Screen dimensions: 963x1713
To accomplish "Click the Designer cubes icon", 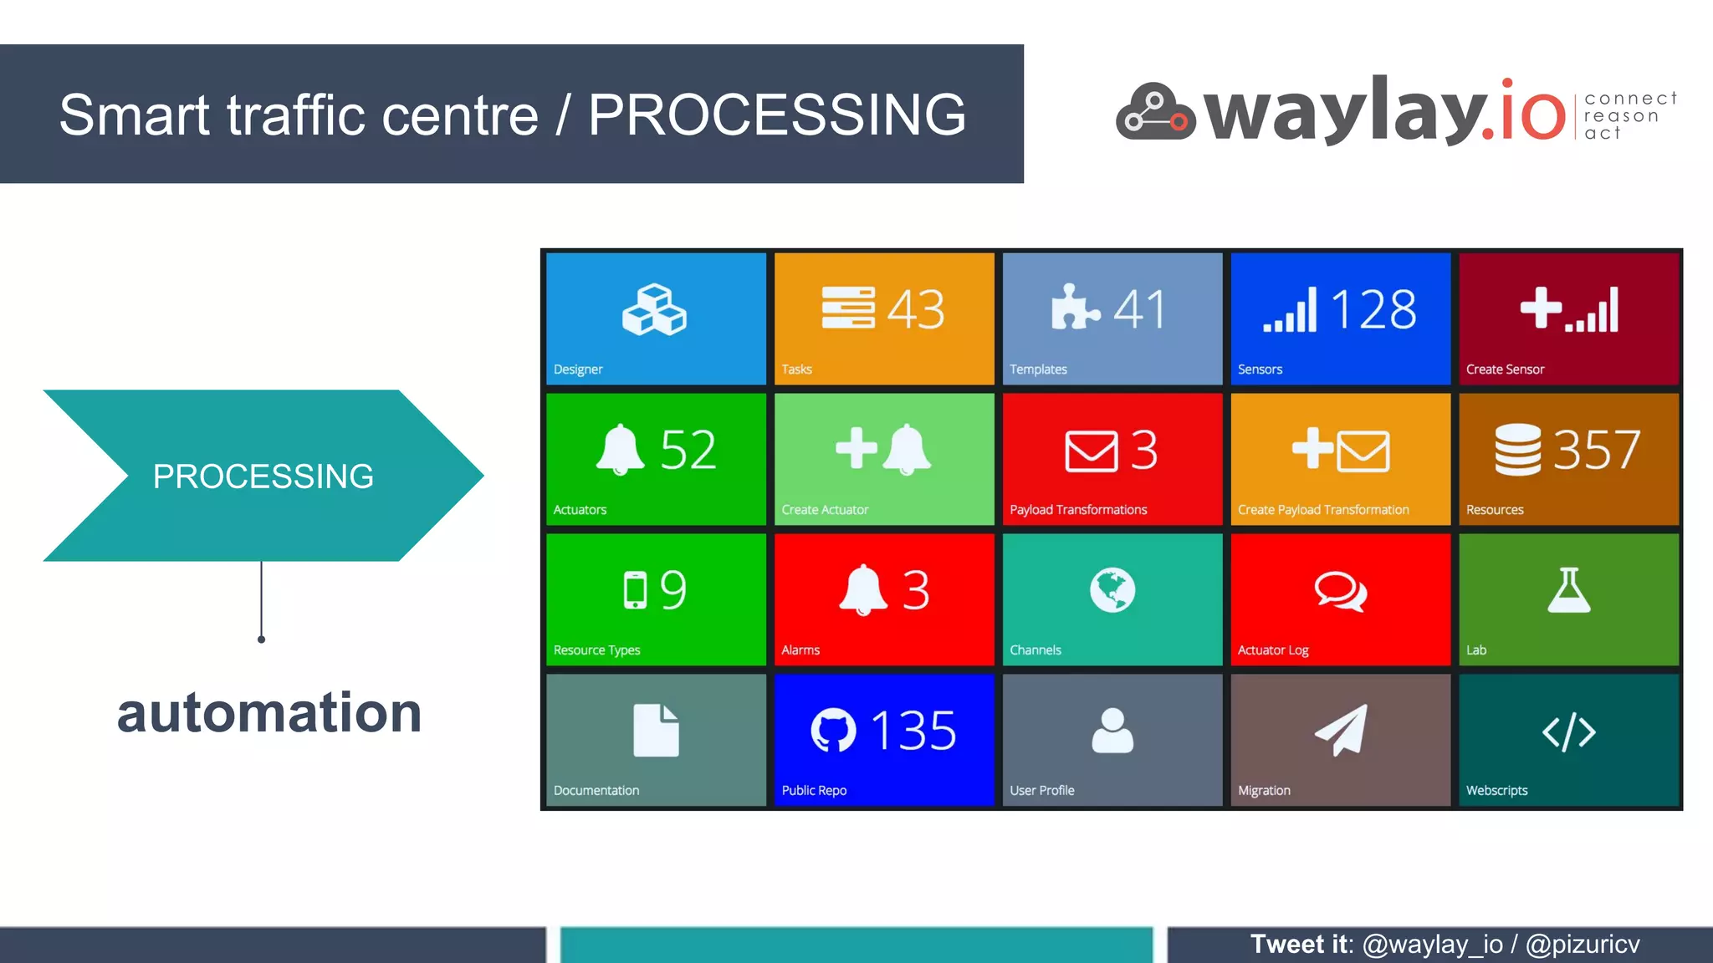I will [x=654, y=310].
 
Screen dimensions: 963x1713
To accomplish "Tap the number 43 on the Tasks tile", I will [x=916, y=309].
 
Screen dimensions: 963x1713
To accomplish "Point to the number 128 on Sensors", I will [x=1373, y=309].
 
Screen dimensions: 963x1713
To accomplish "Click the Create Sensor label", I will [x=1505, y=369].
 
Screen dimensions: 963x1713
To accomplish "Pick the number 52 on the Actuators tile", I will [x=688, y=450].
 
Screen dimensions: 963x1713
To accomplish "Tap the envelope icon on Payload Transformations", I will [x=1091, y=451].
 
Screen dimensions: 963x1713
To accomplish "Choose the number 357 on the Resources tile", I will [x=1596, y=450].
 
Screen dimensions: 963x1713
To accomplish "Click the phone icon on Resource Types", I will [x=635, y=590].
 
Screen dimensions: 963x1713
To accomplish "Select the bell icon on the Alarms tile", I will [x=862, y=590].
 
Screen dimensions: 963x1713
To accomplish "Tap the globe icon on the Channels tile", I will [x=1112, y=590].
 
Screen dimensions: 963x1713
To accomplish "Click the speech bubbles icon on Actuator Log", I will [x=1340, y=591].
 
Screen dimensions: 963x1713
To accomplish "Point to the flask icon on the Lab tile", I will [x=1568, y=590].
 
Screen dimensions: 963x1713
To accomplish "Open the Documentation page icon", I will [x=656, y=731].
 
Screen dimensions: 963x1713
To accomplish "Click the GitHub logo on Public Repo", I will [x=833, y=731].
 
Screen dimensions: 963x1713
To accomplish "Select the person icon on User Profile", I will [x=1112, y=731].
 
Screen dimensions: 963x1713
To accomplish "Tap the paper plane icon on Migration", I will [x=1342, y=730].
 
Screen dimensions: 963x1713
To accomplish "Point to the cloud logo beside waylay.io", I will [x=1155, y=112].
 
